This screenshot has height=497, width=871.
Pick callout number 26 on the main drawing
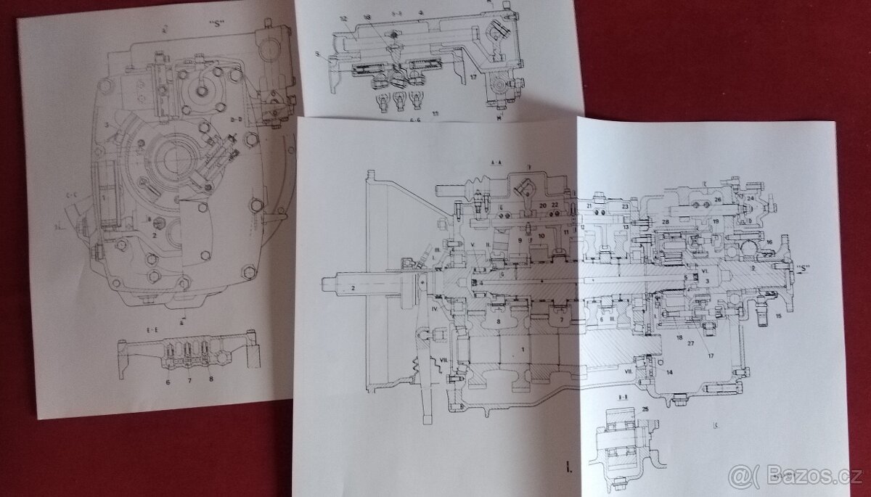[x=717, y=199]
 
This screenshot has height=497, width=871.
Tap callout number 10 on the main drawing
[x=541, y=237]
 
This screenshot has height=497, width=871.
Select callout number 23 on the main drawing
[x=623, y=206]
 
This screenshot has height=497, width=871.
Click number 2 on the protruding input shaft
[x=352, y=288]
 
